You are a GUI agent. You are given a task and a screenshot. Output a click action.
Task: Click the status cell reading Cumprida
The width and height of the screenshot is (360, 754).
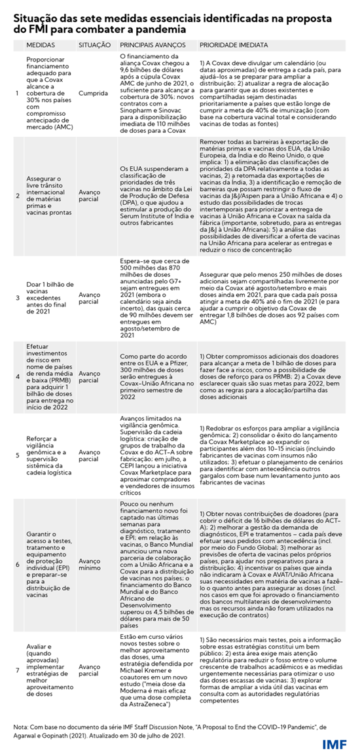91,94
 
